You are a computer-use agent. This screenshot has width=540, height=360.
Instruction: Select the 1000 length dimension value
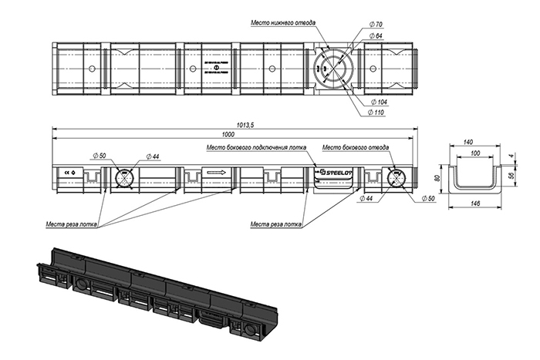click(x=228, y=135)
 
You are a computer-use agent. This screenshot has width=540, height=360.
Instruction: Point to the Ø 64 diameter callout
click(x=376, y=36)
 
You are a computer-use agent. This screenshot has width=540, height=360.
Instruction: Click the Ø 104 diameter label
click(x=379, y=102)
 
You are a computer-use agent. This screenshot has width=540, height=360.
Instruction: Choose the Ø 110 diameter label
click(x=379, y=113)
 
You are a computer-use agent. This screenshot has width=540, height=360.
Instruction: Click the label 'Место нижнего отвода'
click(x=283, y=22)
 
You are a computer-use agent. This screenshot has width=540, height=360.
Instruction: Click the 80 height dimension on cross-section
click(x=437, y=178)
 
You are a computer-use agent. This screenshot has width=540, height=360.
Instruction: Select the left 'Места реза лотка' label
click(x=72, y=224)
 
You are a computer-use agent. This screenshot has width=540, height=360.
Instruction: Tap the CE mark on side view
click(x=67, y=172)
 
